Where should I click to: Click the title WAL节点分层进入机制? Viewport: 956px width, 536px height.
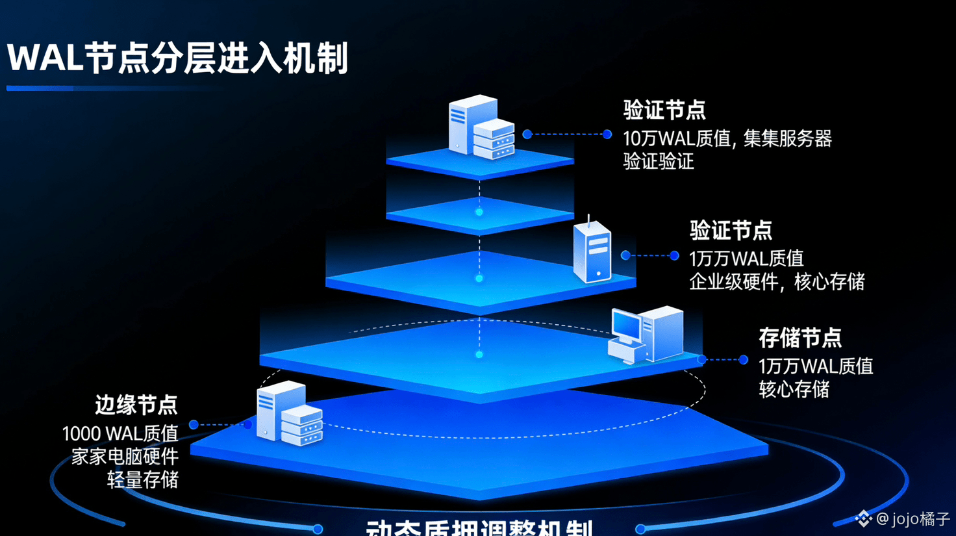177,58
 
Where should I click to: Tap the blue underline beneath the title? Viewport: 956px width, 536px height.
110,88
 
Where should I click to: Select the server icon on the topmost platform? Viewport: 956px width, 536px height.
481,127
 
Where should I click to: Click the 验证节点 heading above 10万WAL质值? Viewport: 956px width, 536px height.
664,110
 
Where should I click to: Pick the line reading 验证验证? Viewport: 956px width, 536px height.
659,161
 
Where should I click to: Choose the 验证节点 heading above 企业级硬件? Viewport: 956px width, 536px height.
731,230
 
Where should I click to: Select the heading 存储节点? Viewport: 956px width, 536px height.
800,338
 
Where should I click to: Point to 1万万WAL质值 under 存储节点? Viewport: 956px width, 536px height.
816,366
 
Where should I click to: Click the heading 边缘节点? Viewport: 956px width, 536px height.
136,405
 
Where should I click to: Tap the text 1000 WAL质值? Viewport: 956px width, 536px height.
120,433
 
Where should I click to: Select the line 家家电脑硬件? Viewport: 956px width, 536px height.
125,456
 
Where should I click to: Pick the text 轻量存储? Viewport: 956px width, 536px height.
143,479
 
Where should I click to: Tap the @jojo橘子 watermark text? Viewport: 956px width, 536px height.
914,518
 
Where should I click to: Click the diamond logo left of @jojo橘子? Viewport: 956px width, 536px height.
863,518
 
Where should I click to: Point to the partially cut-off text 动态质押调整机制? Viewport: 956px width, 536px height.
479,528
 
